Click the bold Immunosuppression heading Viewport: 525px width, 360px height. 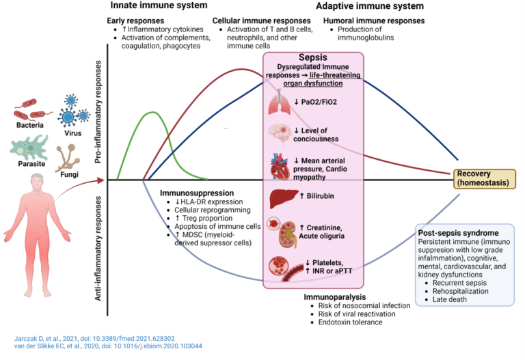(x=198, y=194)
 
